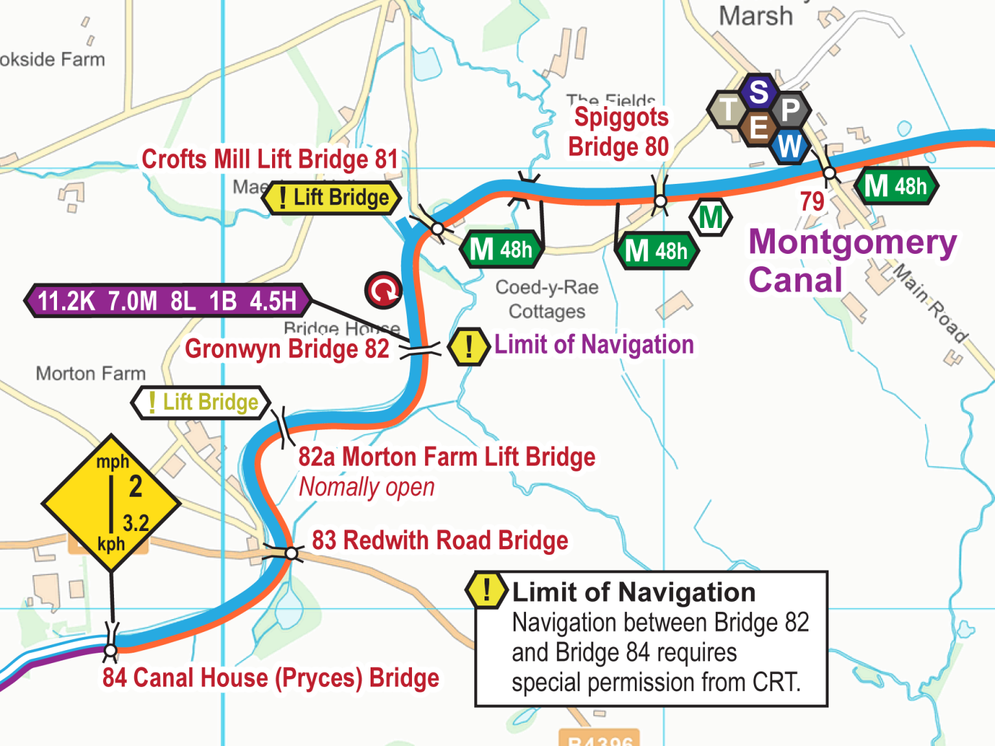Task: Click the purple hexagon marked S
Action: coord(759,92)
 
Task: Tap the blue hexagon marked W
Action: coord(790,146)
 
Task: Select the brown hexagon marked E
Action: coord(759,128)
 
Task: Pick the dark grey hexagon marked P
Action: coord(790,110)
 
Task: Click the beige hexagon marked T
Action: coord(728,109)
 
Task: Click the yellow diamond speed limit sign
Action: coord(111,503)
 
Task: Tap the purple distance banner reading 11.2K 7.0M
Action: coord(167,301)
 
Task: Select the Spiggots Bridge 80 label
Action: coord(620,132)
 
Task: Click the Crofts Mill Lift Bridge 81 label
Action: coord(269,159)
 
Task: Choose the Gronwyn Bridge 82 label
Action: coord(287,349)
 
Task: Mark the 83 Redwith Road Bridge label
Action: coord(440,540)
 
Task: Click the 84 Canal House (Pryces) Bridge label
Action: coord(271,678)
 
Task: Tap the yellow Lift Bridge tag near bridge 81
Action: coord(332,198)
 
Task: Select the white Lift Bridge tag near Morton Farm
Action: coord(201,402)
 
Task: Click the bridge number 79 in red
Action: coord(812,201)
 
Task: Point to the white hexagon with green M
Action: coord(711,218)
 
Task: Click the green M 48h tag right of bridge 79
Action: coord(896,186)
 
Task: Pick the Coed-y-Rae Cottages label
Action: coord(547,299)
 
